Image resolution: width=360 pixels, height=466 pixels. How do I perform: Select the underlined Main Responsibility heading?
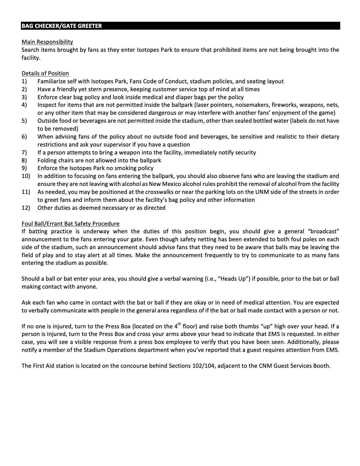click(47, 42)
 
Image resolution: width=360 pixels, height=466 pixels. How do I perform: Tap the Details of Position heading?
click(45, 73)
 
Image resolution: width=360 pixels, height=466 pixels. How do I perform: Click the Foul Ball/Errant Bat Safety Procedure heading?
click(71, 224)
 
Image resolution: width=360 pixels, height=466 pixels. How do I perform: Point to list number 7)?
click(24, 152)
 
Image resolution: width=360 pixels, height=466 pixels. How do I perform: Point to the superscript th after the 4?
click(180, 324)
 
